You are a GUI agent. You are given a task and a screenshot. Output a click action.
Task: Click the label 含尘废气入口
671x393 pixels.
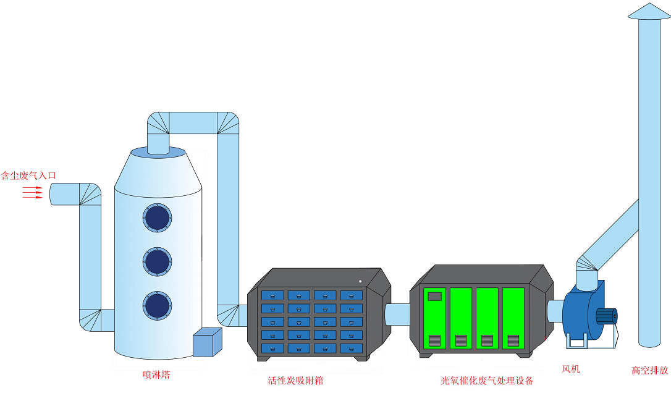[x=28, y=176]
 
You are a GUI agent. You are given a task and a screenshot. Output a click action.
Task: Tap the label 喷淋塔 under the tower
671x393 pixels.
[x=156, y=374]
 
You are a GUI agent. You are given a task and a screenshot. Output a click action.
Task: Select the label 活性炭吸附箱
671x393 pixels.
[x=295, y=381]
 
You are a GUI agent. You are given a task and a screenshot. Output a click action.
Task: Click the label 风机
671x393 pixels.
[x=570, y=370]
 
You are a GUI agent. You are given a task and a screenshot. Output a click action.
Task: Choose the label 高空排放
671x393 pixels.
[x=649, y=370]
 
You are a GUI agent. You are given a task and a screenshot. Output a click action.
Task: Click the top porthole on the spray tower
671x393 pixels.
[x=157, y=218]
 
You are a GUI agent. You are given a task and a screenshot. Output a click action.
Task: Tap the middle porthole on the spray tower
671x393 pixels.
[x=157, y=261]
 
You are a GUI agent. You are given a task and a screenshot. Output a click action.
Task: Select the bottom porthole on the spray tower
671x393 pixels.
[x=157, y=306]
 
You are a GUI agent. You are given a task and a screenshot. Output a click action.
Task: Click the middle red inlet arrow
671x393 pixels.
[x=32, y=192]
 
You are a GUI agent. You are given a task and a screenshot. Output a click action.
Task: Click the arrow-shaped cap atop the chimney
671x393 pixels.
[x=648, y=11]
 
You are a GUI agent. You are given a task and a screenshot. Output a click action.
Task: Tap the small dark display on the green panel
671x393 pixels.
[x=434, y=296]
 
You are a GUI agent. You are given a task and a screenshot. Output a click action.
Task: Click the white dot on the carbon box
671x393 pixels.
[x=360, y=282]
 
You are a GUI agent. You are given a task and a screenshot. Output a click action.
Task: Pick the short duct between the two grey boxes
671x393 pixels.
[x=397, y=314]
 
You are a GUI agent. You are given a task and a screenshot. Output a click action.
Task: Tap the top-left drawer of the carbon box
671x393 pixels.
[x=272, y=295]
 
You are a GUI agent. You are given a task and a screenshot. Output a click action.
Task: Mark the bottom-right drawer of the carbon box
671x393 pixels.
[x=351, y=349]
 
